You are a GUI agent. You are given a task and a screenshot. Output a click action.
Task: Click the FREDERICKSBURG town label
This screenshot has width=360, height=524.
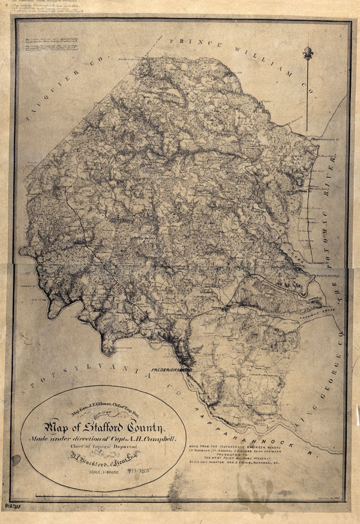point(172,370)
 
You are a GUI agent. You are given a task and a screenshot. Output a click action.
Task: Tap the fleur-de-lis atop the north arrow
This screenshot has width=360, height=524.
point(308,53)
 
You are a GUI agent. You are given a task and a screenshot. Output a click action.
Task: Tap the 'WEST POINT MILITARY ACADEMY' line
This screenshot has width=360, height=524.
point(233,456)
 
